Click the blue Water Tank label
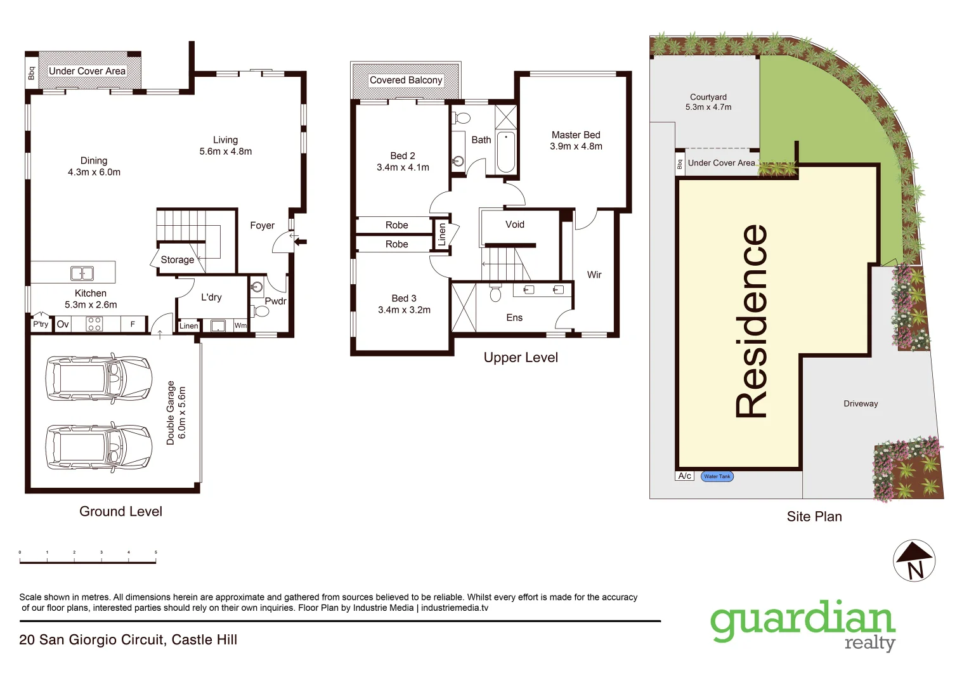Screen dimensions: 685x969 click(x=717, y=476)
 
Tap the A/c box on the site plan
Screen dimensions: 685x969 click(x=684, y=476)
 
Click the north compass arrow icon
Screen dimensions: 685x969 click(x=914, y=560)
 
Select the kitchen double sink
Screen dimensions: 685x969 click(x=82, y=273)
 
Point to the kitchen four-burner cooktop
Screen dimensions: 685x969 click(x=94, y=324)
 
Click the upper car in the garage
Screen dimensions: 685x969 click(x=99, y=379)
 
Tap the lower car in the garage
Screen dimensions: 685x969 click(x=99, y=447)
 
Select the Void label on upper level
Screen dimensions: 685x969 click(x=514, y=225)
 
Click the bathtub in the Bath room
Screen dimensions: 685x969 click(x=505, y=152)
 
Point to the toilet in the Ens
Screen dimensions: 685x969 click(x=495, y=294)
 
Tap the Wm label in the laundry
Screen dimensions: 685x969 click(x=240, y=325)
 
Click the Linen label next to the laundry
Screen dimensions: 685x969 click(x=188, y=326)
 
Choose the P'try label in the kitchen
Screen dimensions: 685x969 click(x=41, y=324)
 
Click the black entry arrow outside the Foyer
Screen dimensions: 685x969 click(x=301, y=241)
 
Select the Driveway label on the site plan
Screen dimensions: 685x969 click(x=861, y=403)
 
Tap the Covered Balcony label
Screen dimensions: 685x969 click(x=406, y=80)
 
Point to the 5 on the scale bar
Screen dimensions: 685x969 click(x=155, y=552)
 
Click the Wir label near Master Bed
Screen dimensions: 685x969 click(x=594, y=275)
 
